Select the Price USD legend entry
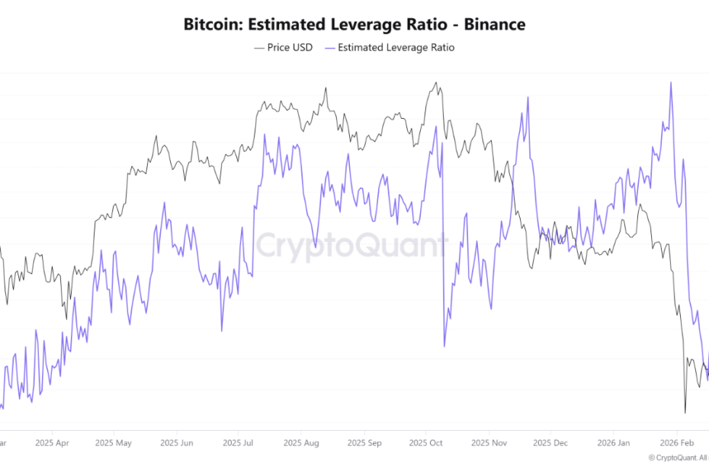pos(283,47)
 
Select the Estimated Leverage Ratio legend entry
pos(390,47)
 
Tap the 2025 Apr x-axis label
pos(52,442)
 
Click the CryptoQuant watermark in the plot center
pos(351,246)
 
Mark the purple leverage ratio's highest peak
pos(671,82)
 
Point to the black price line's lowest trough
pos(685,413)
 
